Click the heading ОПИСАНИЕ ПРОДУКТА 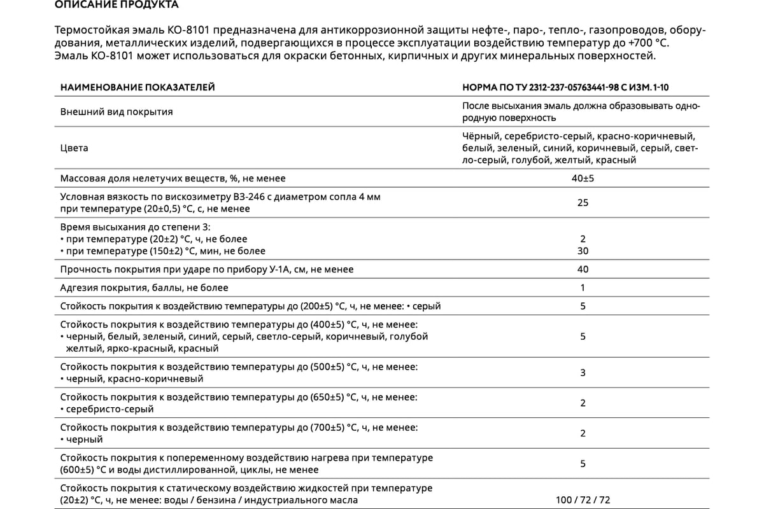point(117,5)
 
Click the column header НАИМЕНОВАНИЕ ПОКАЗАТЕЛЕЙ point(137,87)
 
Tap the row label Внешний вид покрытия point(117,112)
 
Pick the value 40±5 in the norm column point(583,179)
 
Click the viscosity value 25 point(583,203)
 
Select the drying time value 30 point(583,251)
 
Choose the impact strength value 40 point(583,269)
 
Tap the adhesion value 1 point(583,288)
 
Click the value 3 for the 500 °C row point(583,373)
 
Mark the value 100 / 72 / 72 point(583,500)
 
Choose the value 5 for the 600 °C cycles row point(583,464)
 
